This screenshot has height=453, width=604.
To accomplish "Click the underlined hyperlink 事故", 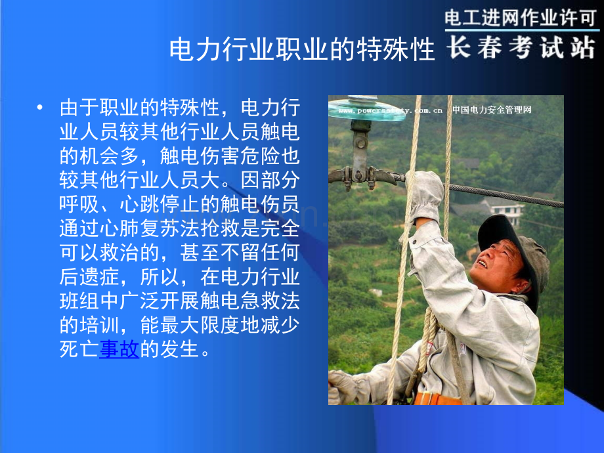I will pyautogui.click(x=119, y=350).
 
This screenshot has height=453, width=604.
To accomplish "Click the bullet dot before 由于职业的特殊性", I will pyautogui.click(x=41, y=108).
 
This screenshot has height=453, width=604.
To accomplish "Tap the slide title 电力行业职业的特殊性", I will pyautogui.click(x=302, y=50).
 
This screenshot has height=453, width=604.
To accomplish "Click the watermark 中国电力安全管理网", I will pyautogui.click(x=492, y=110).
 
